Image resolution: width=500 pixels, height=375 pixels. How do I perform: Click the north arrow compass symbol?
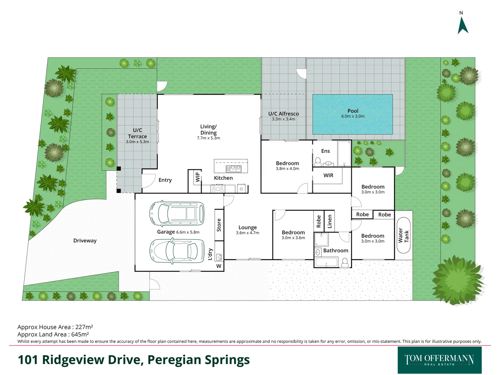click(x=463, y=25)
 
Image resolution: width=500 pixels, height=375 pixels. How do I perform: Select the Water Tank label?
click(x=403, y=236)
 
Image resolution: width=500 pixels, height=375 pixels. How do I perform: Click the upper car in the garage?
click(x=177, y=213)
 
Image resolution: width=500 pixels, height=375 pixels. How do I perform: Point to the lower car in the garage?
click(x=177, y=250)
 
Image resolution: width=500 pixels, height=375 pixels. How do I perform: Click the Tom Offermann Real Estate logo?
click(x=439, y=360)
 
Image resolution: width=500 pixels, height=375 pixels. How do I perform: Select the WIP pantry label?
click(x=198, y=177)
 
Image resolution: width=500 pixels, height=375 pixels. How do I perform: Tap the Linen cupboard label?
click(x=330, y=221)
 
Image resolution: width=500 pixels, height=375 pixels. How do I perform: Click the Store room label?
click(x=219, y=225)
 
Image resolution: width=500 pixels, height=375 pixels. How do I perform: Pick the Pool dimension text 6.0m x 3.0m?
click(x=353, y=116)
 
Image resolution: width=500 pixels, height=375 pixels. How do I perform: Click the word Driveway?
click(x=85, y=241)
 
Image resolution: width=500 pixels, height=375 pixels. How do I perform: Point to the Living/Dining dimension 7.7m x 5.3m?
click(x=208, y=138)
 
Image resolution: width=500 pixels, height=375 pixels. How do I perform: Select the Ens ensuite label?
click(x=325, y=151)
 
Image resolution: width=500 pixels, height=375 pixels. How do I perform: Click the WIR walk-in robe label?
click(x=328, y=175)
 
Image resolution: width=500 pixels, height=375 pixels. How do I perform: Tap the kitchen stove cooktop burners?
click(x=218, y=189)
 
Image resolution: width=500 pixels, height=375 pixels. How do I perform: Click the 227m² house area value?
click(x=84, y=327)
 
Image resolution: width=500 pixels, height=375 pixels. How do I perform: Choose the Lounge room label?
click(x=247, y=227)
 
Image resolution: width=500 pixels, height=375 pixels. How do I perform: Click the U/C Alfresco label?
click(x=283, y=114)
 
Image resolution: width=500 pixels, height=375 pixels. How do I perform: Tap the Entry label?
click(x=165, y=180)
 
